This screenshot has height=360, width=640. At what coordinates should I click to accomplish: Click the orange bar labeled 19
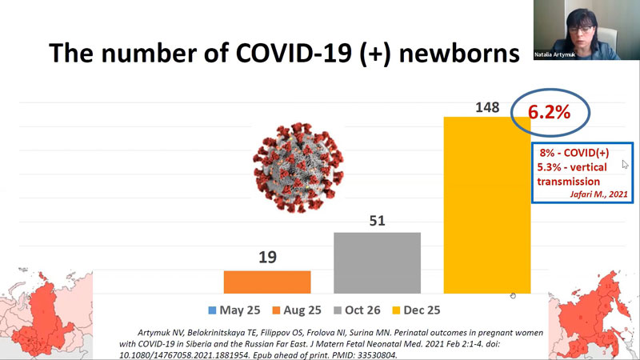click(267, 282)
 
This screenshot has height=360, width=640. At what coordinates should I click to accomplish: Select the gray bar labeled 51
click(377, 263)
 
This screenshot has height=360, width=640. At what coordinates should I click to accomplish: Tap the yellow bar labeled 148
click(487, 205)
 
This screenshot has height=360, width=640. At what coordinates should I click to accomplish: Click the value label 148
click(487, 107)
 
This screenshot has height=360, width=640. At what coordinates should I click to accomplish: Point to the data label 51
click(377, 221)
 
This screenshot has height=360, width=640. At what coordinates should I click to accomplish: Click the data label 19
click(267, 257)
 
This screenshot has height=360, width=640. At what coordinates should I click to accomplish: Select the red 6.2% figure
click(549, 112)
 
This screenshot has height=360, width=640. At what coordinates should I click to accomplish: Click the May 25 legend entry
click(234, 310)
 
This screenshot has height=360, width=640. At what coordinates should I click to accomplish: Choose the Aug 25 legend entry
click(297, 310)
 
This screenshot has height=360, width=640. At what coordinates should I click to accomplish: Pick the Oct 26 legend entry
click(357, 310)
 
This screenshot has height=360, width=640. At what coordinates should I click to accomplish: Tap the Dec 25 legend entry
click(416, 310)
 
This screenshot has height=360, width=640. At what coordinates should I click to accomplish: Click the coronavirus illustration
click(298, 167)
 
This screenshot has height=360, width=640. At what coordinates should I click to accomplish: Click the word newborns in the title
click(459, 54)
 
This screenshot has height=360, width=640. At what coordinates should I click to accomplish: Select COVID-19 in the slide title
click(294, 54)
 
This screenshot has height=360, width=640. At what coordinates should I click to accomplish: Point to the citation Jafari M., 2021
click(598, 194)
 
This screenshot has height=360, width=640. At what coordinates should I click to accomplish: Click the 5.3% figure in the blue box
click(549, 167)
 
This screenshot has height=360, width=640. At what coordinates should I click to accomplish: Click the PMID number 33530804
click(377, 355)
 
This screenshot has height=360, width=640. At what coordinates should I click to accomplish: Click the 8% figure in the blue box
click(547, 153)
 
